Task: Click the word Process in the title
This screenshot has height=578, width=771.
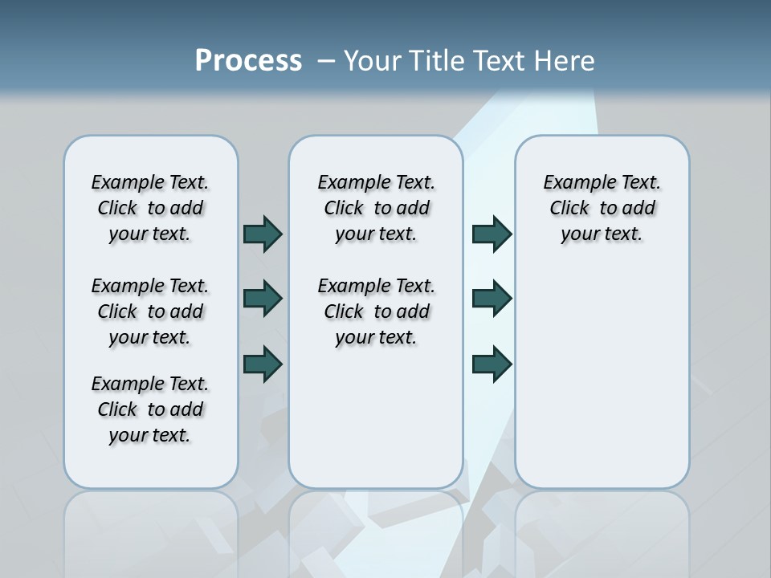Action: point(248,60)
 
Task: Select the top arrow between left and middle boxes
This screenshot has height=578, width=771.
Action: point(263,234)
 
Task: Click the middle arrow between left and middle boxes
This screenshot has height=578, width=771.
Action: point(263,299)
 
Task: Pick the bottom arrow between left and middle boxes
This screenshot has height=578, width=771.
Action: point(263,364)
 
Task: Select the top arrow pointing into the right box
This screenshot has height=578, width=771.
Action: point(492,234)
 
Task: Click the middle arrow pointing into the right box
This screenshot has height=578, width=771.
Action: point(492,299)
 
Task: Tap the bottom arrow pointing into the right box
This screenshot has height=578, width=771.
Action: point(492,364)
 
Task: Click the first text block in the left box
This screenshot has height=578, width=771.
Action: point(150,208)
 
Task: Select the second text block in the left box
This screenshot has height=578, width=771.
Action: point(150,311)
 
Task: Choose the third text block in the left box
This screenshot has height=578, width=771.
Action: point(150,409)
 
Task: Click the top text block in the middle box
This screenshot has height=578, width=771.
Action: point(376,208)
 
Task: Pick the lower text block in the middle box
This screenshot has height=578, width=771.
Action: point(376,311)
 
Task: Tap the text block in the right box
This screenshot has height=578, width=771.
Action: point(602,208)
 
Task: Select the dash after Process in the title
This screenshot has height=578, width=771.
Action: point(325,60)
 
